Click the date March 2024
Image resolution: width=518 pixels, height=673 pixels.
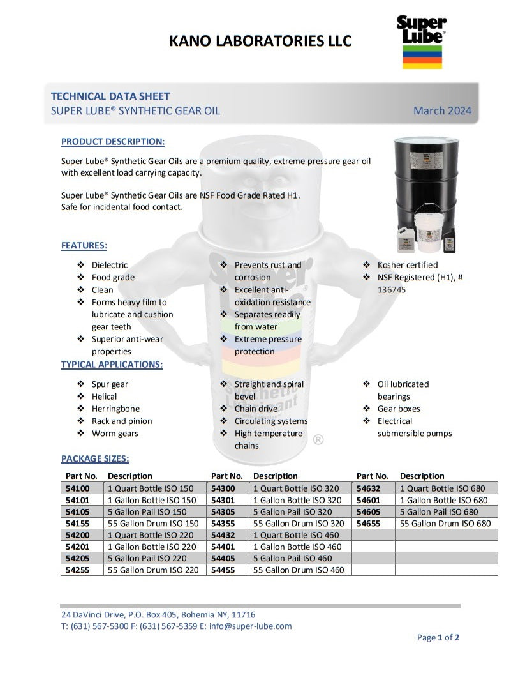[442, 110]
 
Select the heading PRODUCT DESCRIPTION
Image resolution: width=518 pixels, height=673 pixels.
[113, 141]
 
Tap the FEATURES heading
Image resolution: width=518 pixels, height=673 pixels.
[84, 245]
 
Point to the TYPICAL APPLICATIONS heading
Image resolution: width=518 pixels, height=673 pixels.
[112, 365]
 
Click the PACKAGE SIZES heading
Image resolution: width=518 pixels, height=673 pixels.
[95, 458]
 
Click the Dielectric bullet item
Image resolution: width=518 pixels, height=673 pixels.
[110, 265]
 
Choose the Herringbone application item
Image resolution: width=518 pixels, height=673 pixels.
[115, 409]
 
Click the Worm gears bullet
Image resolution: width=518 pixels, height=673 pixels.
[115, 434]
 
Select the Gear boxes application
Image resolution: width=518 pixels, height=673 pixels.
[399, 409]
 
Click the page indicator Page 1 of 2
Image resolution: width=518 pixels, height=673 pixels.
[438, 637]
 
